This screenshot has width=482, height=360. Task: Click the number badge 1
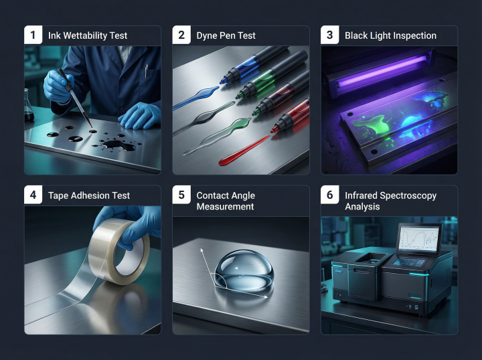pyautogui.click(x=33, y=35)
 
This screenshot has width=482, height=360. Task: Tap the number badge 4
pyautogui.click(x=33, y=195)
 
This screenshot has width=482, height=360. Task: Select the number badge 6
pyautogui.click(x=329, y=195)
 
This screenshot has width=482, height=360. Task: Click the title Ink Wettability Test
pyautogui.click(x=88, y=35)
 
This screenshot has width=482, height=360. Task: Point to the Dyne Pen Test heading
pyautogui.click(x=226, y=35)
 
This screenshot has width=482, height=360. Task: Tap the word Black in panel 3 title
pyautogui.click(x=356, y=35)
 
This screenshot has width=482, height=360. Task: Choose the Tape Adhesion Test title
pyautogui.click(x=89, y=195)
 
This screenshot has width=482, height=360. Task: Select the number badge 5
pyautogui.click(x=181, y=195)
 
